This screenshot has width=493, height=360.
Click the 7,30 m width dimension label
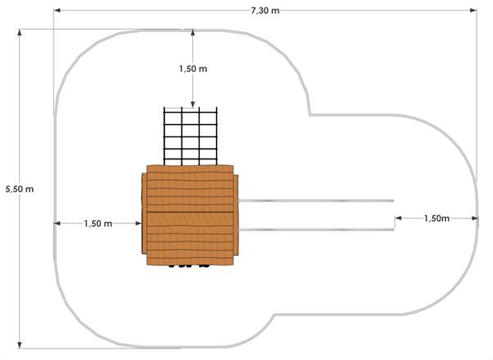(x=265, y=11)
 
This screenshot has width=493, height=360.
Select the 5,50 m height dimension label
(x=20, y=189)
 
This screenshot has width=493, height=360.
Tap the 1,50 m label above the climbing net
(x=193, y=68)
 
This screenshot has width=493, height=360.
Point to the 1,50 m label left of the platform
(x=98, y=224)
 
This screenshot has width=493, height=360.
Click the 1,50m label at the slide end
(x=437, y=218)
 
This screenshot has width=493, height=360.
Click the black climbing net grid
(x=191, y=136)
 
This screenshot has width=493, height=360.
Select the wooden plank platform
(x=190, y=215)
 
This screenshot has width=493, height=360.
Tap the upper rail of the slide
(x=316, y=201)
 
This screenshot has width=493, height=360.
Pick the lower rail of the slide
(x=316, y=230)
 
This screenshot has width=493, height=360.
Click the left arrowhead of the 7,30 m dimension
(x=57, y=11)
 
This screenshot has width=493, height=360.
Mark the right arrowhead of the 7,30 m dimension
(x=473, y=11)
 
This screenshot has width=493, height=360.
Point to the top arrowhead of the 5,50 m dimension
(x=20, y=33)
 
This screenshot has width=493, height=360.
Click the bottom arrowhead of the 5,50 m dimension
(x=20, y=345)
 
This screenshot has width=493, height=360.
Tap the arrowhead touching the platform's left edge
(x=138, y=224)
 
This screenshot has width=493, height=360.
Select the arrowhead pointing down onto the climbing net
(x=193, y=104)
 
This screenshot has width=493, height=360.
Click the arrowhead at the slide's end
(x=399, y=218)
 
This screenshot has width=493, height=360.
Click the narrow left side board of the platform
(x=144, y=213)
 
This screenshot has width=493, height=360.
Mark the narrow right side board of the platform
(x=236, y=215)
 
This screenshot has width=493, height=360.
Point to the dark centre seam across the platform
(x=190, y=212)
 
